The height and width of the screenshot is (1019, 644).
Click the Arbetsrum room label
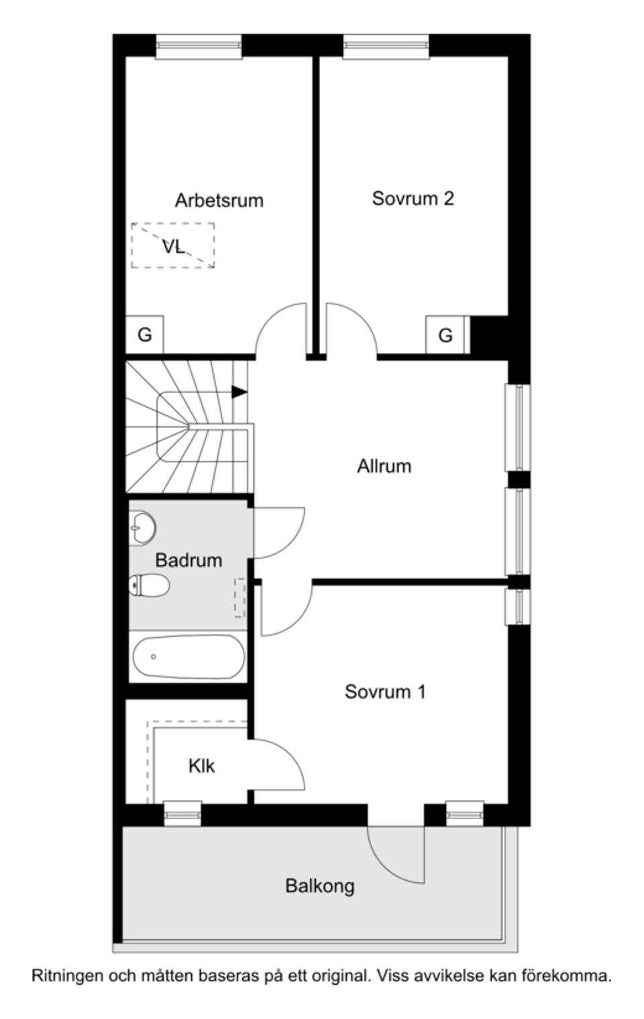(219, 201)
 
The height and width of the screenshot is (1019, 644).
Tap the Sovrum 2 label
(413, 199)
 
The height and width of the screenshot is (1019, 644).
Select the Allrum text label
(384, 466)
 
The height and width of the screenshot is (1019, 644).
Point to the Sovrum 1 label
(385, 692)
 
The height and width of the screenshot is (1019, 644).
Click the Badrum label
(189, 560)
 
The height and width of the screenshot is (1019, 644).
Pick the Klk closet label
(201, 765)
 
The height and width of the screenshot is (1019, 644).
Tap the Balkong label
(320, 886)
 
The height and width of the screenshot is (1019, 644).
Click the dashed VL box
(173, 246)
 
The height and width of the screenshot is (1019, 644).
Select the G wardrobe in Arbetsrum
(144, 335)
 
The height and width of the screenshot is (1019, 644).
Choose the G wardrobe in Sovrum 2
(446, 335)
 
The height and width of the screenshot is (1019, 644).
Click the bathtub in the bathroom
(189, 657)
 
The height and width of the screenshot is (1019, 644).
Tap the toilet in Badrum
(149, 585)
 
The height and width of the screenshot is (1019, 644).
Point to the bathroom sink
(142, 527)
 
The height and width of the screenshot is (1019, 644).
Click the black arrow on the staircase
(239, 392)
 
